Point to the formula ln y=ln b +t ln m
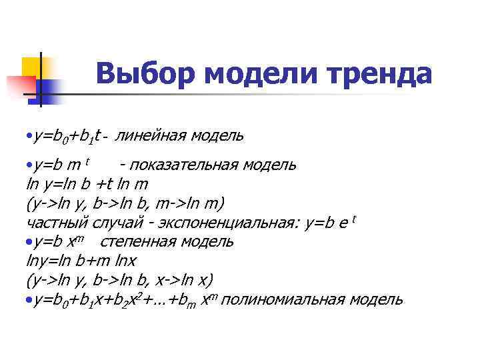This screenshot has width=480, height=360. coord(87,184)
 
